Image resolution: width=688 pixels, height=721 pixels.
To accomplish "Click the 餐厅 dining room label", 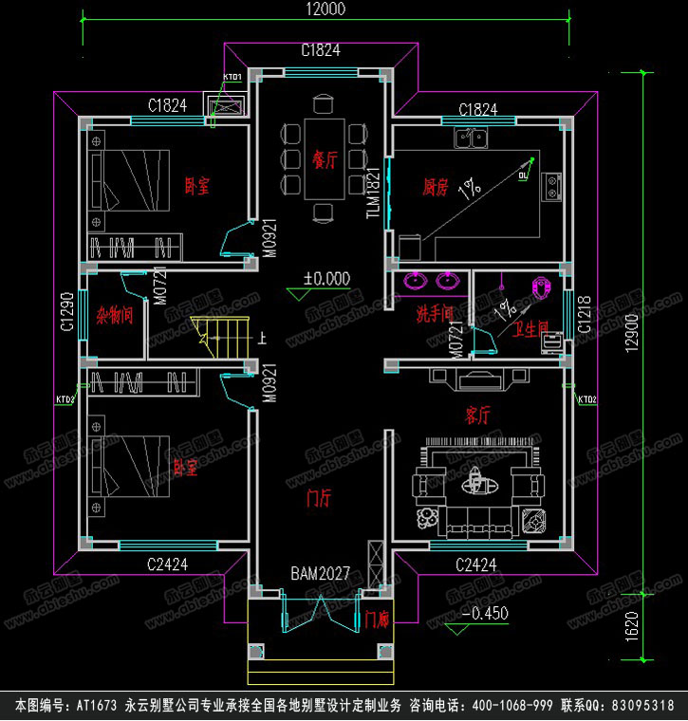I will pyautogui.click(x=322, y=158).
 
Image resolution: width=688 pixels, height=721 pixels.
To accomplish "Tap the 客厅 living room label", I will pyautogui.click(x=477, y=415).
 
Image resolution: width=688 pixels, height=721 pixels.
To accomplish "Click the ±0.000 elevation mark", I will pyautogui.click(x=326, y=278).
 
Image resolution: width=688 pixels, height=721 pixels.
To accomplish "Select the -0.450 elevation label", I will pyautogui.click(x=484, y=614).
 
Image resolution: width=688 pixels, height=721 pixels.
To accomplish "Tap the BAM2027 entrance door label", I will pyautogui.click(x=321, y=574).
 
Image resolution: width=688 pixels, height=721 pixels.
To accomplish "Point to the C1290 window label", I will pyautogui.click(x=66, y=312).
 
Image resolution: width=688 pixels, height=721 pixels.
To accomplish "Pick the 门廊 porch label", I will pyautogui.click(x=378, y=619).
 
